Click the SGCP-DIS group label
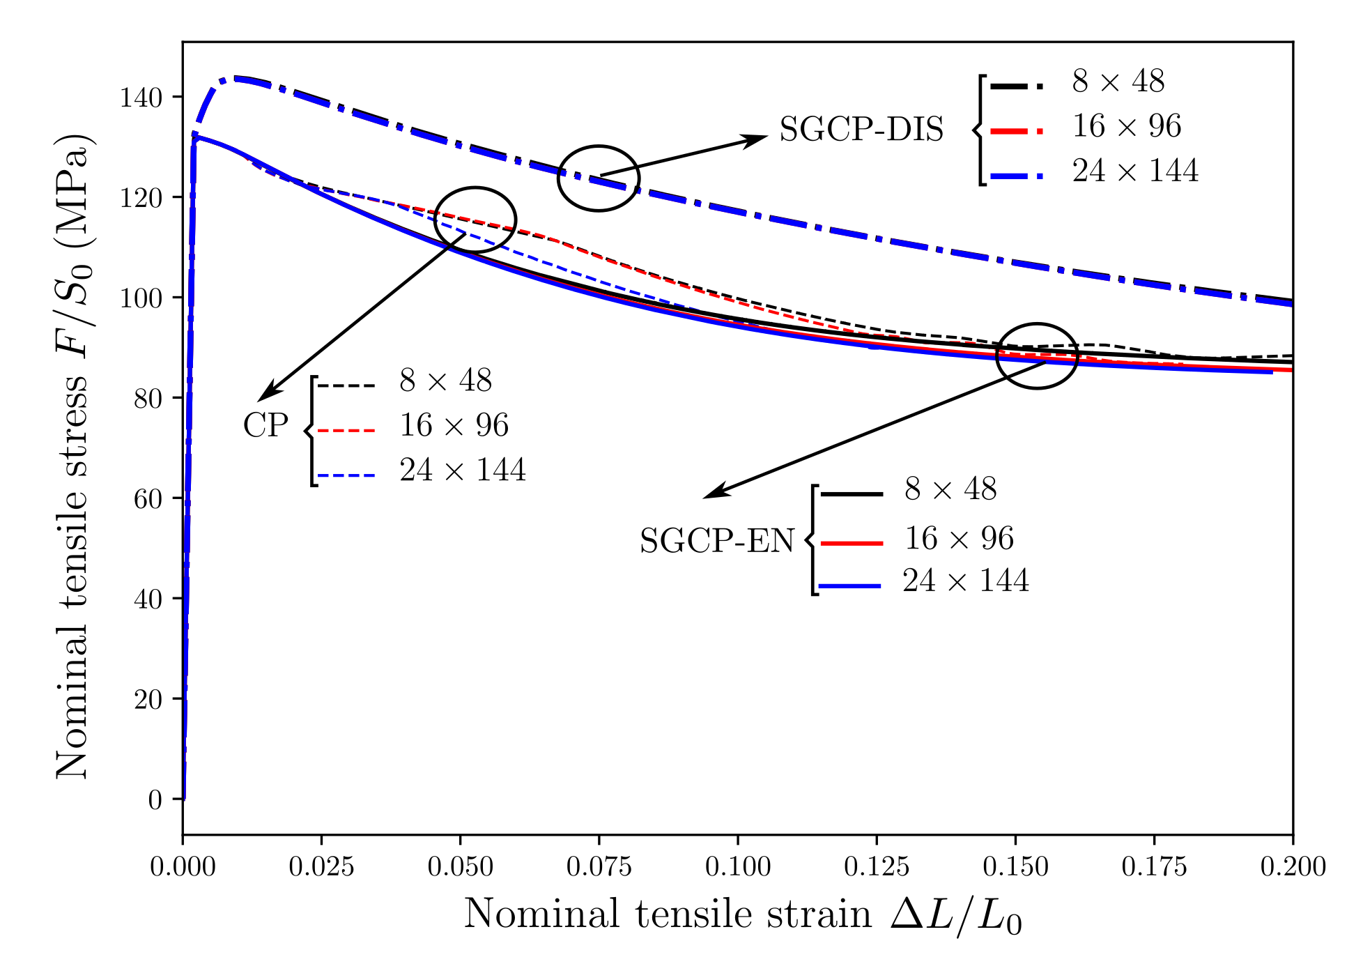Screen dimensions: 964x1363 861,130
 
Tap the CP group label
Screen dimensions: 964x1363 265,426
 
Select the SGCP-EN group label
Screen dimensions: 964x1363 717,541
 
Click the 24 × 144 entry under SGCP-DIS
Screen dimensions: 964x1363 1135,171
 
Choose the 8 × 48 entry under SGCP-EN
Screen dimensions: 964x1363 950,489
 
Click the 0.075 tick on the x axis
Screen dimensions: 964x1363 599,866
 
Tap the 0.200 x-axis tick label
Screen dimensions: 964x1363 1293,866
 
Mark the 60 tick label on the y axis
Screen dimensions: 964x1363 148,499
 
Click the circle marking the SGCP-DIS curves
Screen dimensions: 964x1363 599,178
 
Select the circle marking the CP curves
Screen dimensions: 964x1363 475,220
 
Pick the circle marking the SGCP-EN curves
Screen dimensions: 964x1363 1037,356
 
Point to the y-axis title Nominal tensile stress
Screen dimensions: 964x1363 72,457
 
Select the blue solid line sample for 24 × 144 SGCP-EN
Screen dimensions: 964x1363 851,586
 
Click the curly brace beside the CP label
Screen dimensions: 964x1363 311,431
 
